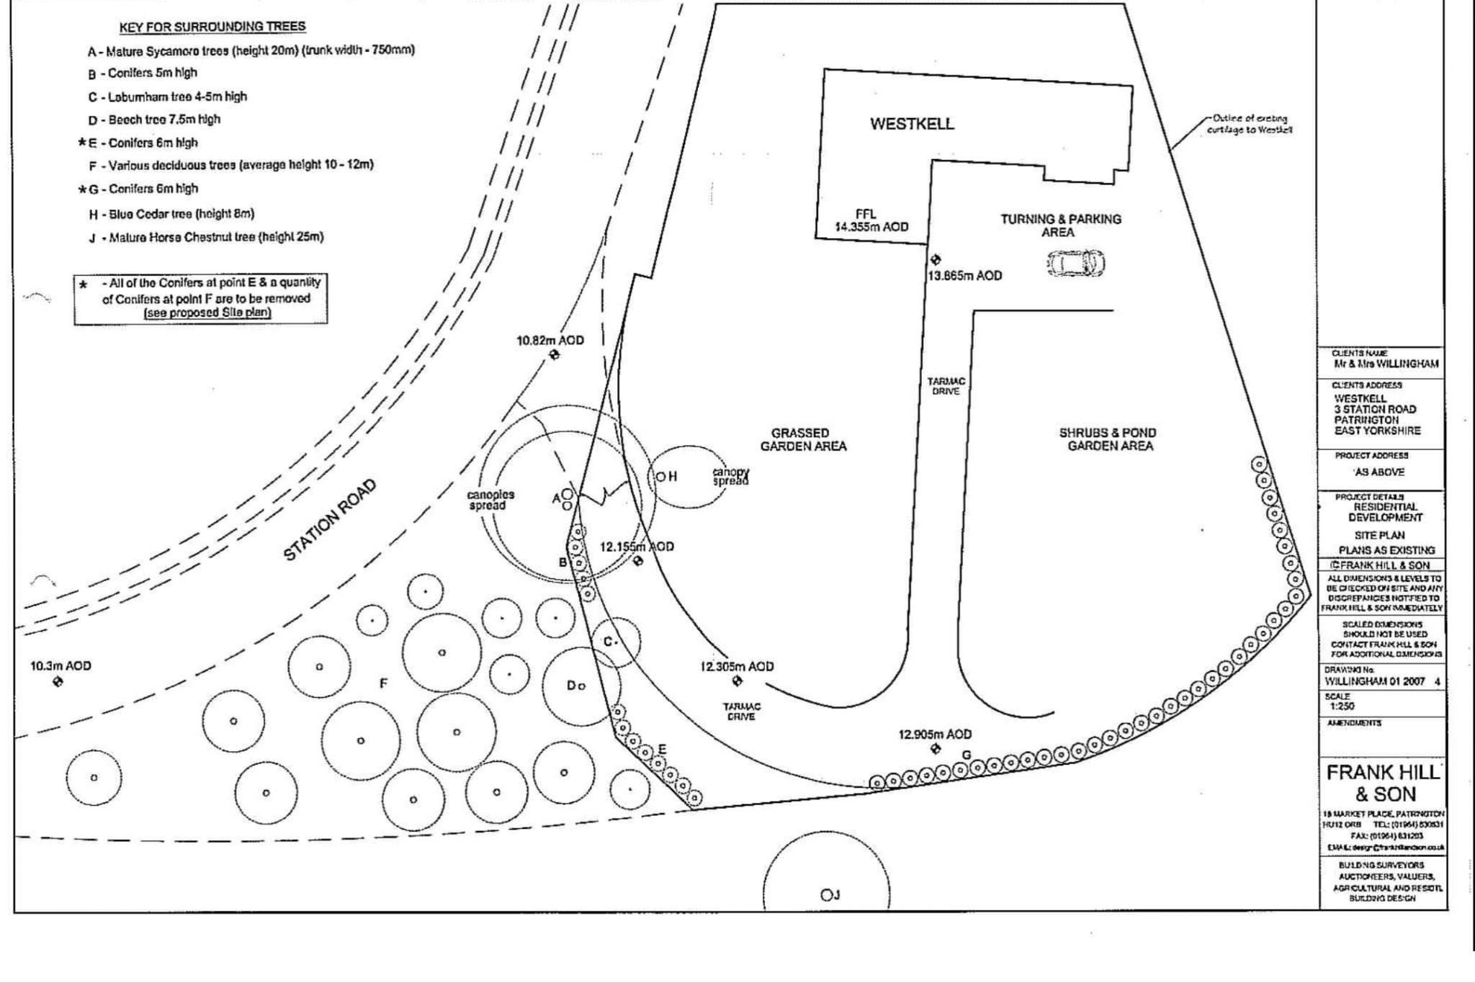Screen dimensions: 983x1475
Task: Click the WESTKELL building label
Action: tap(912, 124)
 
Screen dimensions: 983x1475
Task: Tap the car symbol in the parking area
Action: tap(1075, 263)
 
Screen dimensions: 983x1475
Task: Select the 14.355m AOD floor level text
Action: tap(871, 227)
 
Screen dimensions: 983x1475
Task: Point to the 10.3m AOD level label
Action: tap(60, 666)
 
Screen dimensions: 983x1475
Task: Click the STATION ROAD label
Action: tap(329, 520)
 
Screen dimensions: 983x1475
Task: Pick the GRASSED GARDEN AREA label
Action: tap(802, 439)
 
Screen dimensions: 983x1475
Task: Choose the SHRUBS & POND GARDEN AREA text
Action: tap(1108, 439)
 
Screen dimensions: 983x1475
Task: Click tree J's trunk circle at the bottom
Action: tap(825, 895)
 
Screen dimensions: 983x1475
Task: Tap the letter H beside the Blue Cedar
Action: tap(673, 477)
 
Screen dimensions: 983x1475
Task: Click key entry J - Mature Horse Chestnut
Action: tap(206, 237)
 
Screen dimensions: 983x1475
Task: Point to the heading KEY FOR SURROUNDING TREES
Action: tap(212, 27)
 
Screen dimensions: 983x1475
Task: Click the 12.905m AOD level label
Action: tap(935, 735)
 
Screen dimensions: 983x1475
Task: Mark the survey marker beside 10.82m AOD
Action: tap(554, 354)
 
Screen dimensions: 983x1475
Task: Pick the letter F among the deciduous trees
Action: tap(384, 683)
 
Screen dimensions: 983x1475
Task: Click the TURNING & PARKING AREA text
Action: tap(1060, 225)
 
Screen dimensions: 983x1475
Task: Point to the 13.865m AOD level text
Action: tap(965, 276)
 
